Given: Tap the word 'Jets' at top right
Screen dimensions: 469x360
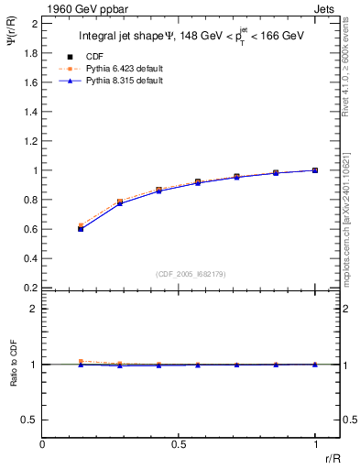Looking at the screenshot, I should pyautogui.click(x=326, y=8).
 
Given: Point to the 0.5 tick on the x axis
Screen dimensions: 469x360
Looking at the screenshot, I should pyautogui.click(x=179, y=443).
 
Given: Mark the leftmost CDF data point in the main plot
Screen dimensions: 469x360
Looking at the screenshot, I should pyautogui.click(x=81, y=228).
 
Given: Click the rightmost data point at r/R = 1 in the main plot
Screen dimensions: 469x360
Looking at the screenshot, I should pyautogui.click(x=315, y=170).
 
